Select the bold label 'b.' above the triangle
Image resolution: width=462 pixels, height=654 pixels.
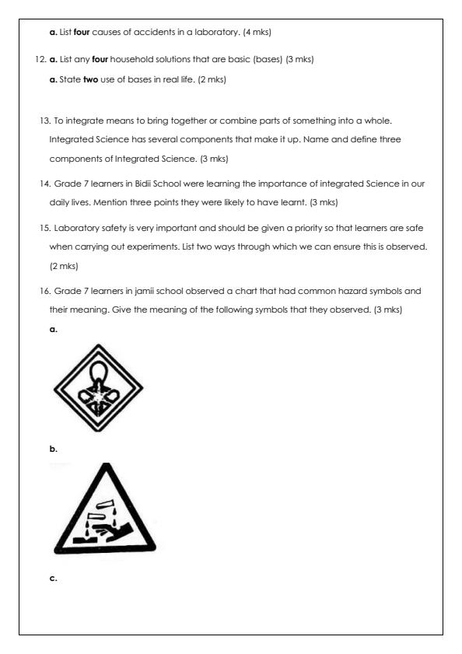click(x=53, y=449)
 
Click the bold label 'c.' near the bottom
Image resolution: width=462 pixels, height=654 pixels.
click(x=53, y=578)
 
